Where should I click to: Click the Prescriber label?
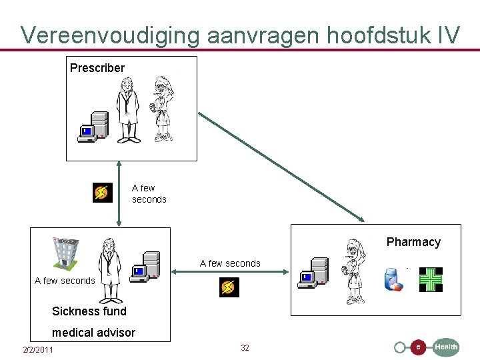pyautogui.click(x=97, y=68)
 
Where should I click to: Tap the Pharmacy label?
pyautogui.click(x=413, y=242)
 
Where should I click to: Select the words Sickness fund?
pyautogui.click(x=89, y=311)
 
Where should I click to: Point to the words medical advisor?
pyautogui.click(x=93, y=332)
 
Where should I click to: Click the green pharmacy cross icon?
pyautogui.click(x=431, y=279)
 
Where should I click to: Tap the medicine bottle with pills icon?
pyautogui.click(x=393, y=279)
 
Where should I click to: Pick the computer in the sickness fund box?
pyautogui.click(x=145, y=267)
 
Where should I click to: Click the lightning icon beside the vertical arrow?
pyautogui.click(x=102, y=193)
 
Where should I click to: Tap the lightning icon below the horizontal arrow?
pyautogui.click(x=229, y=287)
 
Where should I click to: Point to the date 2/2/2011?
pyautogui.click(x=38, y=350)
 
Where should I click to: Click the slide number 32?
pyautogui.click(x=245, y=348)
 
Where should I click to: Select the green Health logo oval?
pyautogui.click(x=445, y=347)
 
